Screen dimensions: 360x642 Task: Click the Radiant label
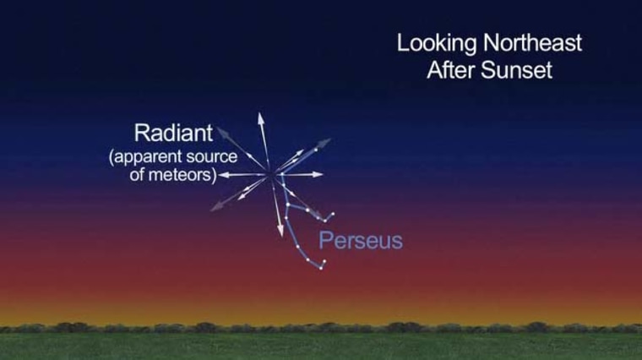pyautogui.click(x=172, y=134)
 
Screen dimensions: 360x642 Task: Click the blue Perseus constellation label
pyautogui.click(x=360, y=241)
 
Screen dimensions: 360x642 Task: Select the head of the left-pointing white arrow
pyautogui.click(x=222, y=175)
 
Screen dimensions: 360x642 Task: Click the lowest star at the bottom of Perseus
pyautogui.click(x=322, y=267)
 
